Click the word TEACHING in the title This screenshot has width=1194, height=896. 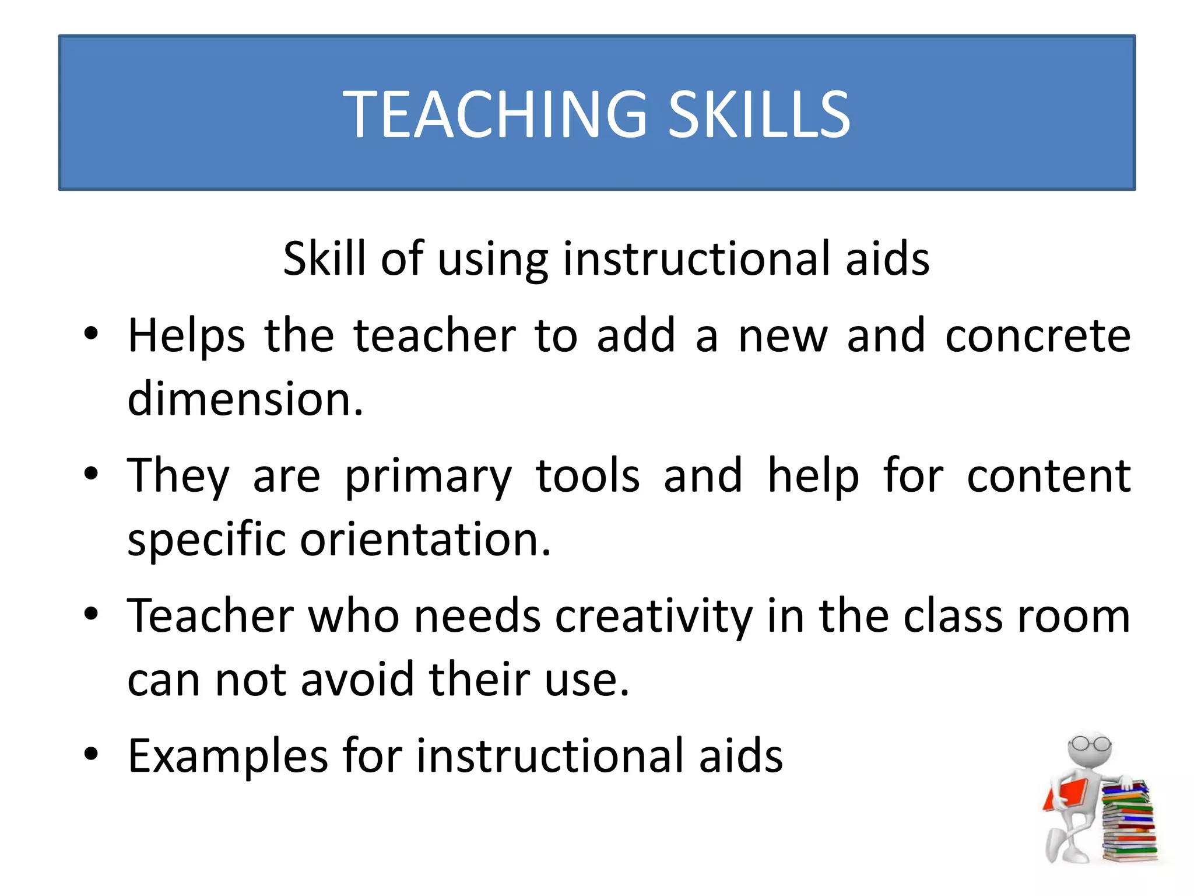tap(494, 114)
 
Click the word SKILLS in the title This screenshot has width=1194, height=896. tap(758, 114)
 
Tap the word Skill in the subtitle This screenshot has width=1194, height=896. tap(324, 258)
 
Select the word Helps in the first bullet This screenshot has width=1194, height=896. tap(186, 337)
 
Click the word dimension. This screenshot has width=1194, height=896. tap(245, 400)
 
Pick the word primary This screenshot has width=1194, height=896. tap(429, 477)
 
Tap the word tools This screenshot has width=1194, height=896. tap(587, 475)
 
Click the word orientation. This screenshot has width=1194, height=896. tap(425, 540)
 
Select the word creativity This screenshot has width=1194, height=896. tap(654, 617)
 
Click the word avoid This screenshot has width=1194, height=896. tap(357, 680)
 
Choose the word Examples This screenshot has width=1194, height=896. tap(227, 757)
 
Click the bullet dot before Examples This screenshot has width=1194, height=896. tap(91, 754)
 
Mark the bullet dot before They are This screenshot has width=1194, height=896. tap(91, 473)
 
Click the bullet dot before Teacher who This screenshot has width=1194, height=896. tap(91, 614)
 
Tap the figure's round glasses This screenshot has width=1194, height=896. tap(1089, 744)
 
